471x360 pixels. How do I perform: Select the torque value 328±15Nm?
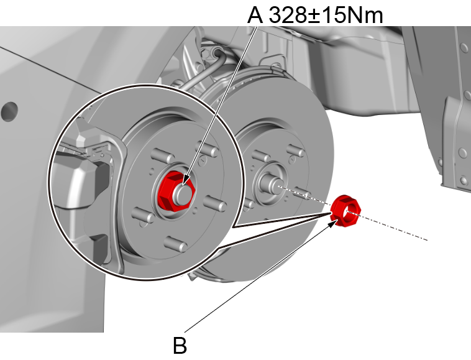324,14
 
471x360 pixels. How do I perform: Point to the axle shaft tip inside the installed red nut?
183,188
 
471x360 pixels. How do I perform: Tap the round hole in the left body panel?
9,112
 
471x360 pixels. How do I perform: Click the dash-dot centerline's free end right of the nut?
428,239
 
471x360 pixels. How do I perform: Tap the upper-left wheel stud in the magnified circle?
155,154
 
